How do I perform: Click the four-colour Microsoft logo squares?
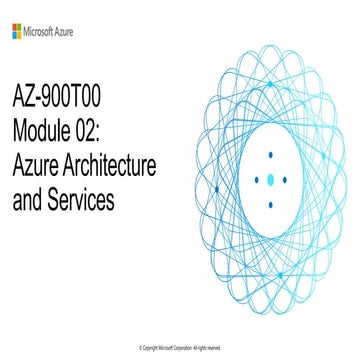point(17,31)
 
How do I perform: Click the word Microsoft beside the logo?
point(45,31)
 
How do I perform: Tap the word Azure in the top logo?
point(76,31)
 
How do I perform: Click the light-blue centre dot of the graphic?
point(271,180)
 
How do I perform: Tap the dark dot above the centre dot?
point(271,157)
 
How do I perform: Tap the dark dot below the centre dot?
point(271,203)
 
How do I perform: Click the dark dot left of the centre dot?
point(257,180)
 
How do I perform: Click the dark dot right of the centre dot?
point(285,180)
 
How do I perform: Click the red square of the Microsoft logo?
point(14,28)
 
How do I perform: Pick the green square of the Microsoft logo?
point(20,28)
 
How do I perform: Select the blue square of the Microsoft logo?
point(14,34)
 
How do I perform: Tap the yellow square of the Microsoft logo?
point(20,34)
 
